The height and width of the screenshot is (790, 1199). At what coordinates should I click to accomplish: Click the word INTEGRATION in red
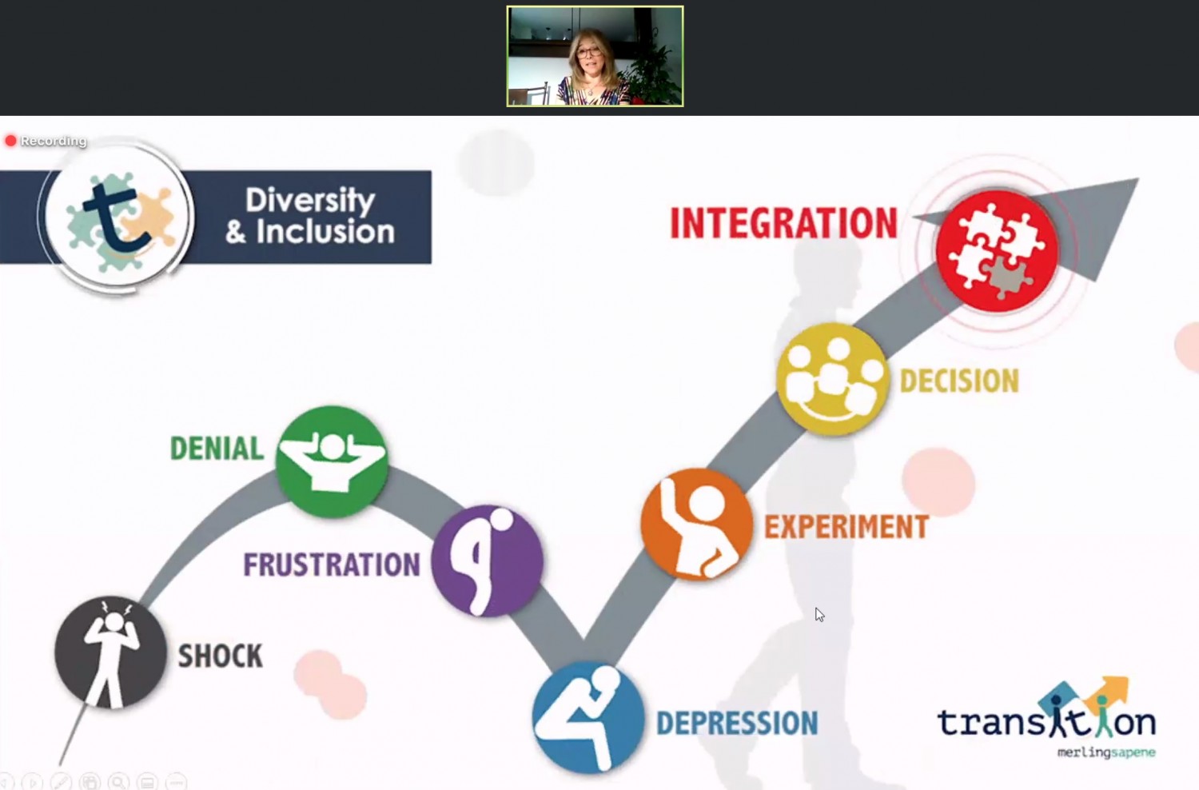point(783,223)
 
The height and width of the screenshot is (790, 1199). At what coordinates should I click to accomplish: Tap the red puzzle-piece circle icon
point(997,251)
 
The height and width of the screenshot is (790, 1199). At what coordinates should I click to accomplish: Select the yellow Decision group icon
point(832,379)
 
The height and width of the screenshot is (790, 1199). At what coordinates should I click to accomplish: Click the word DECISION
point(959,381)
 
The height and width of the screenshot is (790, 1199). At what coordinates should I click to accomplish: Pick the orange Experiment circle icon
point(696,525)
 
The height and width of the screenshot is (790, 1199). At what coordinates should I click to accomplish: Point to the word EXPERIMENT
point(846,526)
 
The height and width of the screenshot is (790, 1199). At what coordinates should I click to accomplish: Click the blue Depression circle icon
point(588,717)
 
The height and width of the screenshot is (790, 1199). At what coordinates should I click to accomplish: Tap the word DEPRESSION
point(737,723)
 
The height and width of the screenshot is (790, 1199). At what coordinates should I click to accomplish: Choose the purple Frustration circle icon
point(487,561)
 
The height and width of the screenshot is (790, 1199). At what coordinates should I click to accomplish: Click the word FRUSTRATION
point(332,565)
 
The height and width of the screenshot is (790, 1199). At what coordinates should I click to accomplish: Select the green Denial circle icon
point(332,461)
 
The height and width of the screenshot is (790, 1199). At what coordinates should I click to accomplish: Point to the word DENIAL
point(217,449)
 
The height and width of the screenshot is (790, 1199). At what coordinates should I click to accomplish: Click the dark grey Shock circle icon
point(111,652)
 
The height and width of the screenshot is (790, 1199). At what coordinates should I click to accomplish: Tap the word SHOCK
point(221,656)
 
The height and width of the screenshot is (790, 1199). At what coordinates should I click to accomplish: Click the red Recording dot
point(10,141)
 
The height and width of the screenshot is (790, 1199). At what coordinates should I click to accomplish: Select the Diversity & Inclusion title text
point(310,216)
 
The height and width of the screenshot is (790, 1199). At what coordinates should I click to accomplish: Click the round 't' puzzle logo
point(118,217)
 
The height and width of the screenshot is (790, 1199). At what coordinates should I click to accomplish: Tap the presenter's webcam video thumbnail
point(595,56)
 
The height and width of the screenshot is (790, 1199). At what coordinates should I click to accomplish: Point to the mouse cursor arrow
point(819,615)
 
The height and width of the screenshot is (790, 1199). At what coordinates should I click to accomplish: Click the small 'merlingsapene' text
point(1105,752)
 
